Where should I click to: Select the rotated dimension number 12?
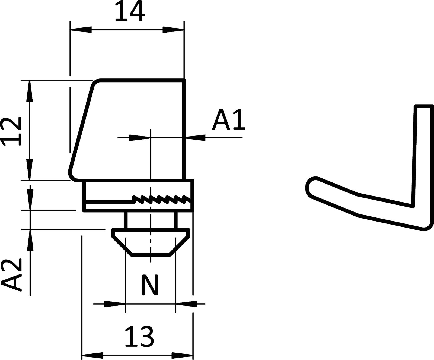[11, 131]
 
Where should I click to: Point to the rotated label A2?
[11, 275]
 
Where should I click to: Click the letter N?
[150, 285]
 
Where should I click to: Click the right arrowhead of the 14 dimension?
[173, 30]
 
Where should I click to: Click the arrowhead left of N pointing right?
[115, 304]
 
